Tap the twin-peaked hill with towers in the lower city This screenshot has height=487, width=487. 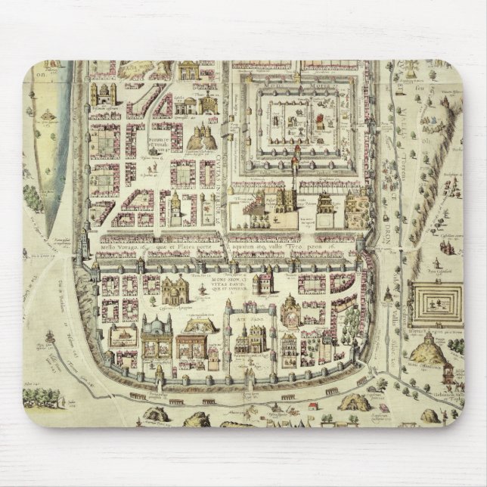pos(200,137)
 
